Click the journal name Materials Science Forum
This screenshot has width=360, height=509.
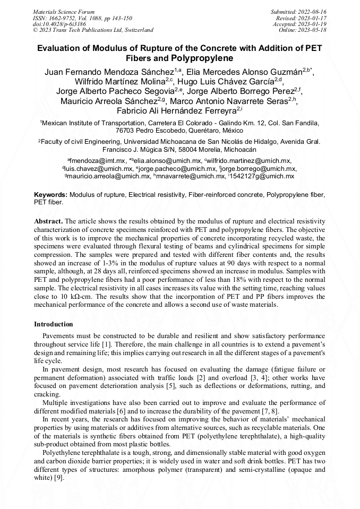tap(64, 11)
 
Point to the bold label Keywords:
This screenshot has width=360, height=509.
tap(51, 195)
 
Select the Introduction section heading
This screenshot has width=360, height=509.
tap(54, 324)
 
